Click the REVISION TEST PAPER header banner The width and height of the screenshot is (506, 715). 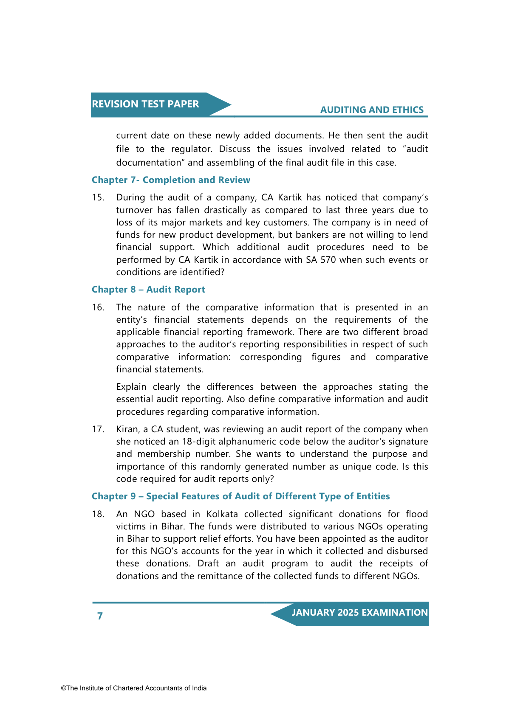point(145,104)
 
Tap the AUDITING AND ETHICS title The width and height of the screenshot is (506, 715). point(372,110)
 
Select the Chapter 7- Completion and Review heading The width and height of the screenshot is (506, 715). point(171,180)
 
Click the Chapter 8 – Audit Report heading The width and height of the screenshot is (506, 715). point(148,290)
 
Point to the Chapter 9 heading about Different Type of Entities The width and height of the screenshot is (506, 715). point(240,496)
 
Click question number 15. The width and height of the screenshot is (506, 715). point(98,198)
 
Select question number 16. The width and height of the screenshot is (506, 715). point(98,307)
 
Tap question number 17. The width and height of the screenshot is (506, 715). point(98,430)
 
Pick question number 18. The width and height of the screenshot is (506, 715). point(98,514)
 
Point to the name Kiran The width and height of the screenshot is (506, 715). point(127,430)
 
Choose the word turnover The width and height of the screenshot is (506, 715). point(134,210)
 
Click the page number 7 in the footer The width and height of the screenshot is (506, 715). point(100,616)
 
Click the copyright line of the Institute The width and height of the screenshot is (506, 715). point(134,688)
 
